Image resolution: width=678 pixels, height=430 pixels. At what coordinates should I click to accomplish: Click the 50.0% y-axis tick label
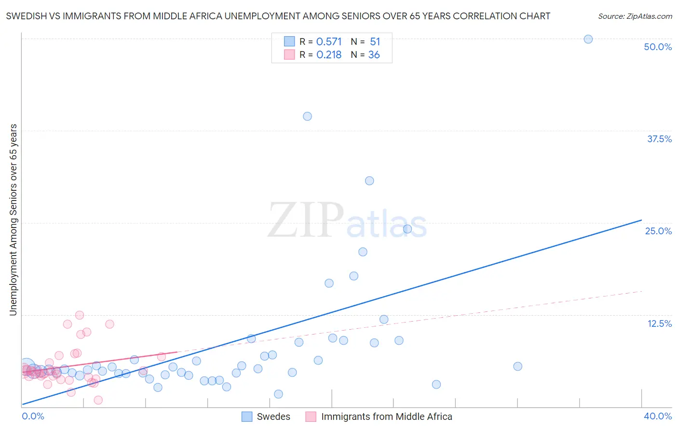[x=658, y=47]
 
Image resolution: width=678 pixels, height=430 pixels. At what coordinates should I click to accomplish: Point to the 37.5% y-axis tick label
[x=659, y=139]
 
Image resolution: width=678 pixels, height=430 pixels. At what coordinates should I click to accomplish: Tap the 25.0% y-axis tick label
[x=658, y=231]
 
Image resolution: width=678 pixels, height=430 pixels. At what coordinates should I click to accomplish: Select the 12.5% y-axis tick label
[x=659, y=323]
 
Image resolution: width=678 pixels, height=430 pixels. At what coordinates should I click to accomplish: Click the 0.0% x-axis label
[x=33, y=416]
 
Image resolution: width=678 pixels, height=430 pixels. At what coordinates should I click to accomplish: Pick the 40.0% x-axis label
[x=658, y=416]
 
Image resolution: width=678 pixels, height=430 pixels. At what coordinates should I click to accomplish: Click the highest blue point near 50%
[x=588, y=39]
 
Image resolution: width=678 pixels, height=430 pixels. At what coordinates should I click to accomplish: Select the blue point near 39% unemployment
[x=307, y=116]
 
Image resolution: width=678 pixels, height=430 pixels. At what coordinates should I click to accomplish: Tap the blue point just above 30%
[x=369, y=181]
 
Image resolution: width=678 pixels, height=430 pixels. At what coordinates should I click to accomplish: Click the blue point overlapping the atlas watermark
[x=407, y=229]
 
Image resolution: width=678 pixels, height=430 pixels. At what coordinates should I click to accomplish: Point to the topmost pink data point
[x=80, y=315]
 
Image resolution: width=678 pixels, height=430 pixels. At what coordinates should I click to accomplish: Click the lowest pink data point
[x=98, y=400]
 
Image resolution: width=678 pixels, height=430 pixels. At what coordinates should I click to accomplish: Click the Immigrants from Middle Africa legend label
[x=386, y=417]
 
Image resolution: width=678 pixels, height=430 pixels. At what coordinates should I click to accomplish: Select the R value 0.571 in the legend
[x=329, y=42]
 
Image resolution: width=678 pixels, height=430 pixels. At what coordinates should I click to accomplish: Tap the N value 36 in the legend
[x=374, y=55]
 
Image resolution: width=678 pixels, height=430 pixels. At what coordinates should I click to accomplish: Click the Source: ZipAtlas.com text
[x=635, y=16]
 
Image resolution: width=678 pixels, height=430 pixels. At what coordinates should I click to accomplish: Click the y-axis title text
[x=13, y=220]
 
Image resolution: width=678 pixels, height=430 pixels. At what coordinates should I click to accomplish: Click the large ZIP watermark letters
[x=306, y=220]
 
